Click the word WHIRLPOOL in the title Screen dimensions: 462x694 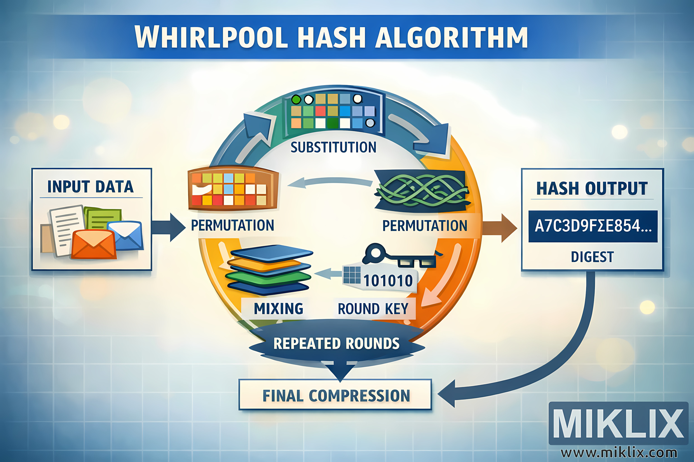[211, 37]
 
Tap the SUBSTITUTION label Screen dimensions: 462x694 [333, 147]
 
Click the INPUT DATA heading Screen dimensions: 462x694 [90, 187]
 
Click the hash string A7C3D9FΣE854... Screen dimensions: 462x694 [593, 226]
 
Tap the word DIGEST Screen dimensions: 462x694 [592, 257]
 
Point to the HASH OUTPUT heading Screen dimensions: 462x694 [592, 189]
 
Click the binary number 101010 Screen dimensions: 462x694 [388, 280]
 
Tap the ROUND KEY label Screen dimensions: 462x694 [373, 309]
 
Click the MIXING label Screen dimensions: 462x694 [279, 309]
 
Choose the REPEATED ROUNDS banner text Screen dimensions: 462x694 [336, 344]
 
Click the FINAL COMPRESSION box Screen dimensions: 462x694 [336, 395]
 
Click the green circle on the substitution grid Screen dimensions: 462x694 [296, 99]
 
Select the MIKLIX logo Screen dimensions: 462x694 [618, 423]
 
